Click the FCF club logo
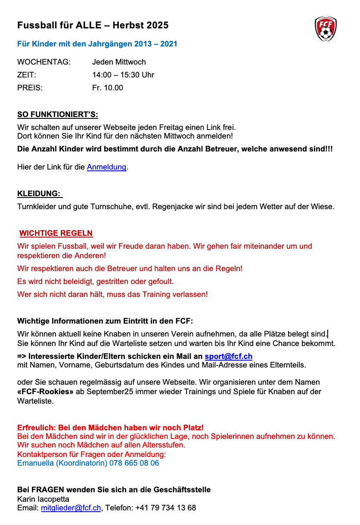pyautogui.click(x=326, y=29)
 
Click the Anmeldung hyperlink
pyautogui.click(x=107, y=167)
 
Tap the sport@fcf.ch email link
pyautogui.click(x=228, y=356)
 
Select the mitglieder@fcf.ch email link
pyautogui.click(x=71, y=508)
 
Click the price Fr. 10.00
pyautogui.click(x=108, y=88)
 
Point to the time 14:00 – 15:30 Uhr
pyautogui.click(x=123, y=75)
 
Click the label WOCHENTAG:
pyautogui.click(x=43, y=62)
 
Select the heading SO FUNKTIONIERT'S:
pyautogui.click(x=58, y=114)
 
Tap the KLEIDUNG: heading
pyautogui.click(x=39, y=194)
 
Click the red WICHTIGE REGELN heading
pyautogui.click(x=56, y=233)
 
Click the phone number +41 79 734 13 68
pyautogui.click(x=166, y=508)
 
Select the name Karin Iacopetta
pyautogui.click(x=43, y=499)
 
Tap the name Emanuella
pyautogui.click(x=35, y=463)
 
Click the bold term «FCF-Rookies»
pyautogui.click(x=45, y=392)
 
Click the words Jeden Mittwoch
pyautogui.click(x=119, y=62)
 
